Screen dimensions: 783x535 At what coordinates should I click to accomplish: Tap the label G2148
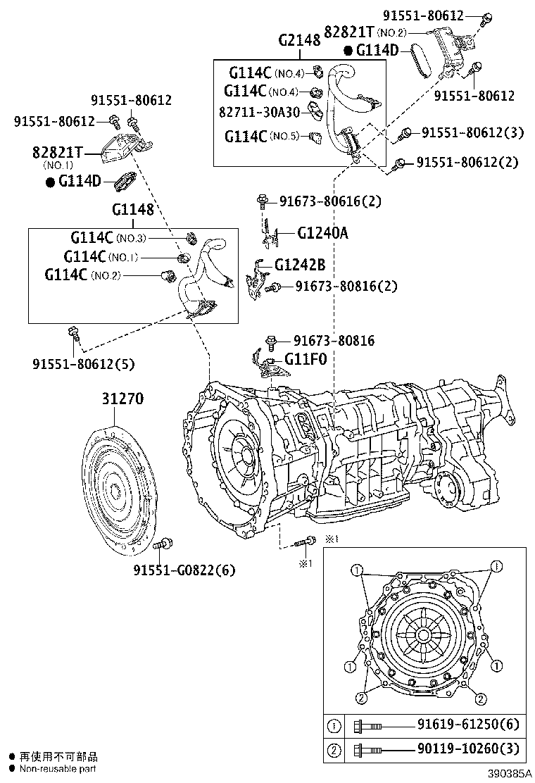(299, 40)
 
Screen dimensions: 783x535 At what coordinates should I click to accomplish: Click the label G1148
(132, 210)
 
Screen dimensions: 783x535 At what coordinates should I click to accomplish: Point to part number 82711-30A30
(259, 112)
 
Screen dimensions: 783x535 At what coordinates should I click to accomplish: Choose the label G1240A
(322, 232)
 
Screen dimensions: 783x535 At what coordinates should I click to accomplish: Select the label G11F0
(305, 359)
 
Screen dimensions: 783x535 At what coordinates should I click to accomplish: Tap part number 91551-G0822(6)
(184, 570)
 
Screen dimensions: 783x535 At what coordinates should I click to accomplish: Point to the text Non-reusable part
(57, 768)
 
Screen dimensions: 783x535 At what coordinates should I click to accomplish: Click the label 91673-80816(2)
(346, 286)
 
